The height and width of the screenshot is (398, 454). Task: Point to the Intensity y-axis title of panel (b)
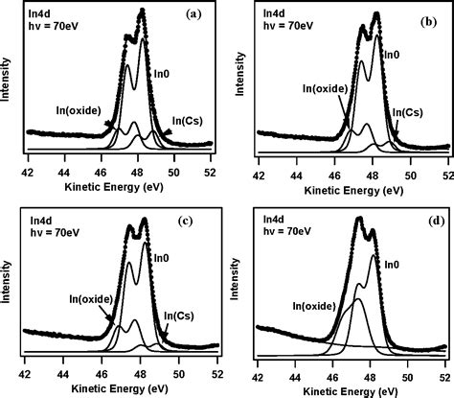click(x=242, y=82)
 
